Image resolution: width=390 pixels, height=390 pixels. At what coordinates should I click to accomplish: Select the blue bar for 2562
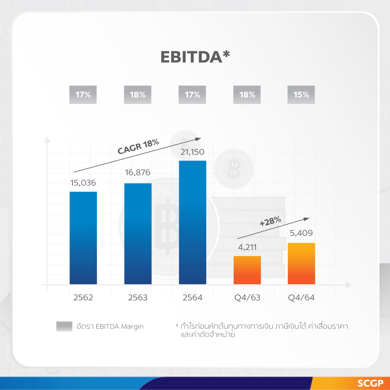(83, 238)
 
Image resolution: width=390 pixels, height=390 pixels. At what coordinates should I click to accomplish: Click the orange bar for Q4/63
(247, 270)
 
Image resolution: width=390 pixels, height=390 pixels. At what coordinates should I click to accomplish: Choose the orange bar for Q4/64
(301, 264)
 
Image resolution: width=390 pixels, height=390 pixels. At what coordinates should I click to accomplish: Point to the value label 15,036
(83, 183)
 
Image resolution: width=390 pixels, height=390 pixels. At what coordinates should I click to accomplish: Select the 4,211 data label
(247, 247)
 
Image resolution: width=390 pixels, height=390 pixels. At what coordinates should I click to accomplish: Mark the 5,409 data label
(301, 234)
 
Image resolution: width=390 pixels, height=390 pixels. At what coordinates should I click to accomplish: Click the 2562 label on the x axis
(83, 298)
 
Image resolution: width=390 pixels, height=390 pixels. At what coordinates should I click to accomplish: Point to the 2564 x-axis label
(192, 298)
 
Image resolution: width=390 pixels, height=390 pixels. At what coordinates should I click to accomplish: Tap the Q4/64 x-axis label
(301, 298)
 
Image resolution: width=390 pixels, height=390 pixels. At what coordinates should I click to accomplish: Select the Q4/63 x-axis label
(247, 298)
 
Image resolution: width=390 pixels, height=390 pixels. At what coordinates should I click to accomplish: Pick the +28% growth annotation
(270, 222)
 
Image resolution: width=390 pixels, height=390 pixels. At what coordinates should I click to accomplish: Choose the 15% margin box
(301, 95)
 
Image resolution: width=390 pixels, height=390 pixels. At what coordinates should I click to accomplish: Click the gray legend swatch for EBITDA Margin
(64, 327)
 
